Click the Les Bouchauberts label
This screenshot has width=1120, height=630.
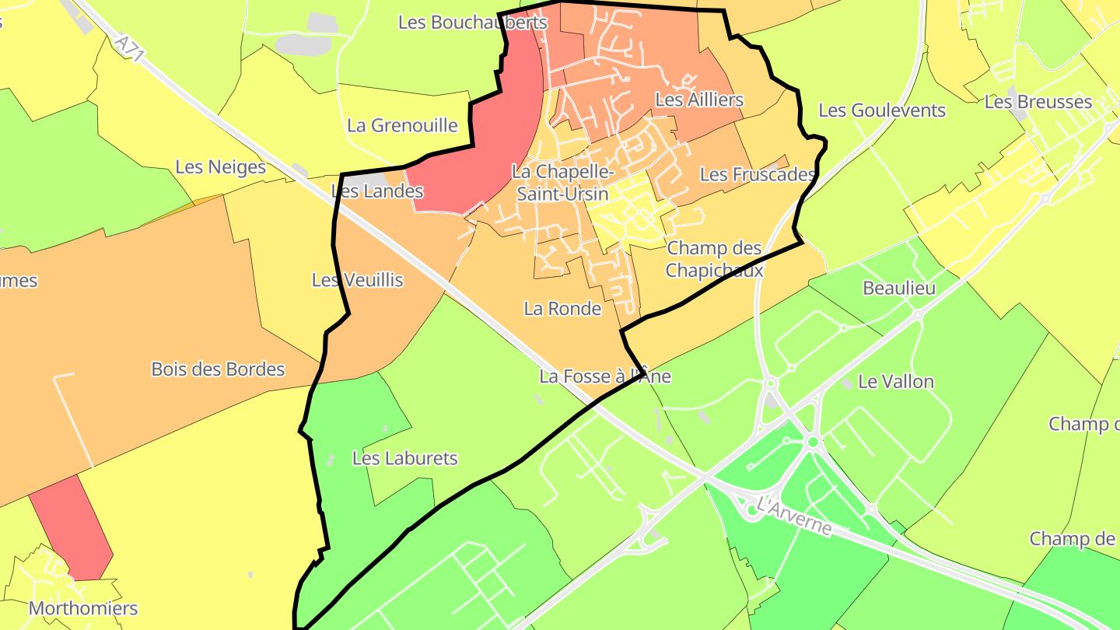(473, 22)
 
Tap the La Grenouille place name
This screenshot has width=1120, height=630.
(402, 125)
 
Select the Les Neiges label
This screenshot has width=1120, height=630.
(220, 167)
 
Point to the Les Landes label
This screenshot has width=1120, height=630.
(377, 191)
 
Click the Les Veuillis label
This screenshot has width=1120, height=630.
(358, 280)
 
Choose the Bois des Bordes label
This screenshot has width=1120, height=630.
(219, 369)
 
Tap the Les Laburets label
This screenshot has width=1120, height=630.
(405, 459)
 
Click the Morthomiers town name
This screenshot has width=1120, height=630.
(83, 608)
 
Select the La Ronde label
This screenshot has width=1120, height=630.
(562, 309)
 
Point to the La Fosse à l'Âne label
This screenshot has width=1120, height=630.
(605, 376)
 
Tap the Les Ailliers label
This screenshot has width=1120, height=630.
(699, 100)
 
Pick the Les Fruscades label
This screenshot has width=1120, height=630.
(758, 175)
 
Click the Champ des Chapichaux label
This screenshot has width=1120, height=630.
(715, 260)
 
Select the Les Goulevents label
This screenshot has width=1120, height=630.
(882, 110)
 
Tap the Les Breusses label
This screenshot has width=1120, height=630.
(1038, 102)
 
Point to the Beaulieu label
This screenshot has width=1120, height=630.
(899, 289)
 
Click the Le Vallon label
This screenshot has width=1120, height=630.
(896, 382)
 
